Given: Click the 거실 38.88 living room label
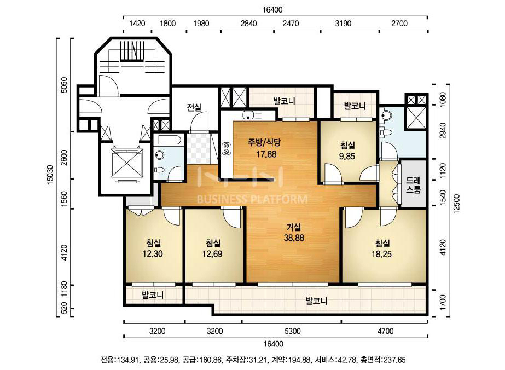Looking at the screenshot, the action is tap(294, 233).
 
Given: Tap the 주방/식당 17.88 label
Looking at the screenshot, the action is tap(266, 148).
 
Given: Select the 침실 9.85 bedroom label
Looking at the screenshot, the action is tap(347, 151).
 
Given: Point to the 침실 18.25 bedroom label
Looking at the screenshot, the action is tap(382, 248).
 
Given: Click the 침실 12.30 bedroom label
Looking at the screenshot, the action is tap(153, 248).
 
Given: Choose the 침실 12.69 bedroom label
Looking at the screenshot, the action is tap(212, 248).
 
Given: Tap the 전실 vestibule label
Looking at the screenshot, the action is tap(194, 107).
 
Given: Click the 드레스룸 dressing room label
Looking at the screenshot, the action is tap(413, 184).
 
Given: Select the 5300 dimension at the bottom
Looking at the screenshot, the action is tap(293, 331).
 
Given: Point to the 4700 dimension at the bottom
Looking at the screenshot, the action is tap(386, 331).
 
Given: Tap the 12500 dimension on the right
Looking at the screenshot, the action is tap(457, 204).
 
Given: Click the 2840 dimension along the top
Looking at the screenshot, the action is tap(248, 24).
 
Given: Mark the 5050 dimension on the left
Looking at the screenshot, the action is tap(64, 85).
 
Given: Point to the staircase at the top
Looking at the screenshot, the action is tap(131, 51).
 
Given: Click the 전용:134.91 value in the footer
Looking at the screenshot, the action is tap(119, 360).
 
